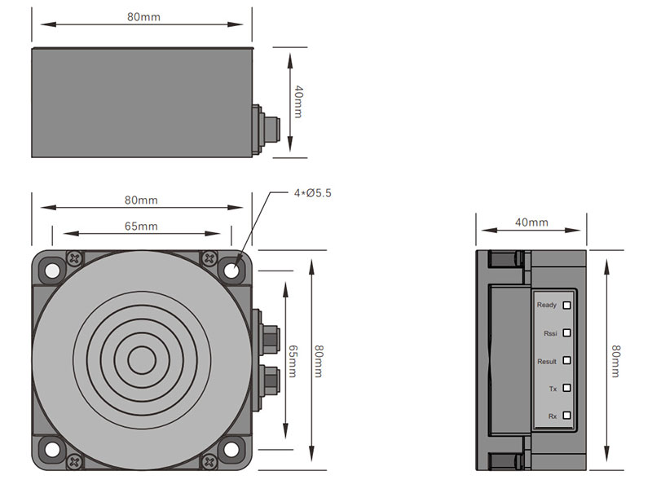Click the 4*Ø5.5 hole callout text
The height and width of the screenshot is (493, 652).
click(313, 193)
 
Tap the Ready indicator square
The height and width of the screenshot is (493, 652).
click(567, 306)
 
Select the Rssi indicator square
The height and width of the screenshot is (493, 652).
click(567, 332)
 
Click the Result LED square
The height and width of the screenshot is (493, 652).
click(567, 360)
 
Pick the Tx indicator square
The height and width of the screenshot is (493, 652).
click(567, 388)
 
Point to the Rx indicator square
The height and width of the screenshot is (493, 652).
click(567, 416)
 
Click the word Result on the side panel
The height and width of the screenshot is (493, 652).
click(547, 361)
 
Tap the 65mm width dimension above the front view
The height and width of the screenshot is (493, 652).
click(141, 226)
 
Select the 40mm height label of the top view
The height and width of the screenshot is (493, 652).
click(298, 103)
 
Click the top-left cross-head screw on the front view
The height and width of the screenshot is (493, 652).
click(75, 258)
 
